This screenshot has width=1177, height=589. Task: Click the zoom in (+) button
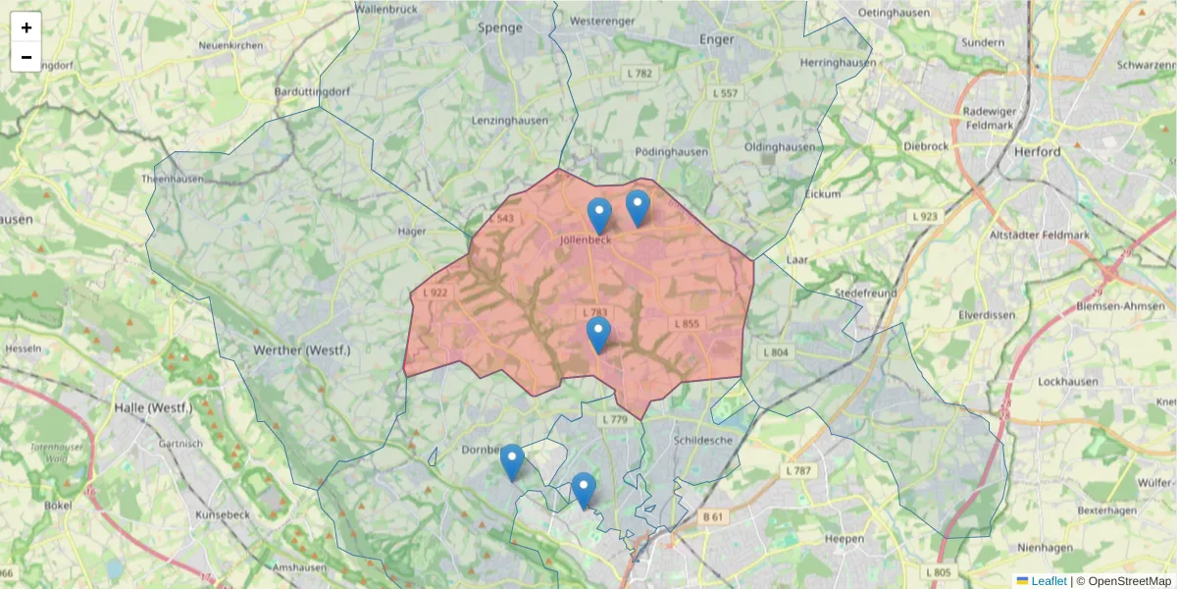click(26, 27)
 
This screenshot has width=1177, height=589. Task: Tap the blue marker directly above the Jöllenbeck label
click(599, 215)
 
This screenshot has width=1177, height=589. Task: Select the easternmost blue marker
click(638, 207)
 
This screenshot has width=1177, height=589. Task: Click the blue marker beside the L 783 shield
click(598, 334)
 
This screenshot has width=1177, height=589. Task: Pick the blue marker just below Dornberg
click(512, 461)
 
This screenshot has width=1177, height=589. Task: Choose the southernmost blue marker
click(583, 490)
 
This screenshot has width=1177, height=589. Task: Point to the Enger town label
click(717, 39)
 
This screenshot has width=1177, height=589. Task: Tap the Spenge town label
click(500, 27)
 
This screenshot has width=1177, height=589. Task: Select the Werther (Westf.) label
click(301, 350)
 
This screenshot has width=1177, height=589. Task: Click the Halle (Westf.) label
click(153, 407)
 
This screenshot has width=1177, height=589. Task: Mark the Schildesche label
click(703, 441)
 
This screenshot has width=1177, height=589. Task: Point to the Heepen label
click(844, 538)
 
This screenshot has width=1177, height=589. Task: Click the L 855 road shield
click(687, 323)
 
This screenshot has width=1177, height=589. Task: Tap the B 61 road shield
click(712, 516)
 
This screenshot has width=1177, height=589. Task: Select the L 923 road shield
click(924, 216)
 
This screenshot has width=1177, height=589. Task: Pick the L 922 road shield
click(435, 293)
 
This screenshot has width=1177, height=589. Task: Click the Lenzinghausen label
click(510, 121)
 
